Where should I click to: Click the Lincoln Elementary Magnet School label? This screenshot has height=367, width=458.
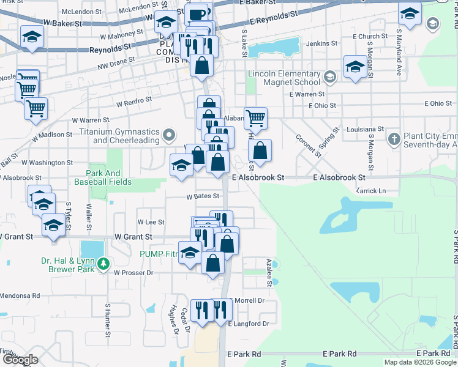pyautogui.click(x=284, y=78)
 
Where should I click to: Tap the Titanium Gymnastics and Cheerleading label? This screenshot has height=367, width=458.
pyautogui.click(x=118, y=136)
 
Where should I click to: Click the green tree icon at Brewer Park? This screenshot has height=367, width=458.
pyautogui.click(x=104, y=263)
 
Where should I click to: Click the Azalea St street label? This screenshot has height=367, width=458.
pyautogui.click(x=269, y=272)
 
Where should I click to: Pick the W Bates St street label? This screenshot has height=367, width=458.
pyautogui.click(x=203, y=196)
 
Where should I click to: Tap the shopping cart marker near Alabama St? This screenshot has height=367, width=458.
pyautogui.click(x=255, y=117)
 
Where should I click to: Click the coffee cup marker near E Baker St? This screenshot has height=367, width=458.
pyautogui.click(x=197, y=14)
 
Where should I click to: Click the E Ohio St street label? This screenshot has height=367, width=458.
pyautogui.click(x=323, y=106)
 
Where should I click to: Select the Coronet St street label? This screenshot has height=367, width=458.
pyautogui.click(x=309, y=144)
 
